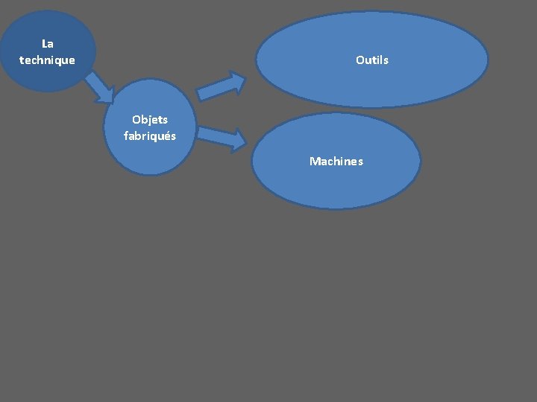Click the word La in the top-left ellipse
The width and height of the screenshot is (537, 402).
click(48, 44)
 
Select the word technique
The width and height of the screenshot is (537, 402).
click(48, 60)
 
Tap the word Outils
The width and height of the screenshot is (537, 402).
click(372, 60)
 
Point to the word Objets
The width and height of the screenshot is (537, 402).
click(150, 119)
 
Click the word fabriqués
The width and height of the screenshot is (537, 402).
click(150, 135)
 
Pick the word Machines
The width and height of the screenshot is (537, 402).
click(336, 161)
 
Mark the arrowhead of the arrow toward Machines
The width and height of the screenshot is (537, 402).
click(236, 140)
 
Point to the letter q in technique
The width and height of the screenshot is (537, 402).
click(59, 61)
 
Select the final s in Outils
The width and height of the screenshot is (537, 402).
click(386, 60)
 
